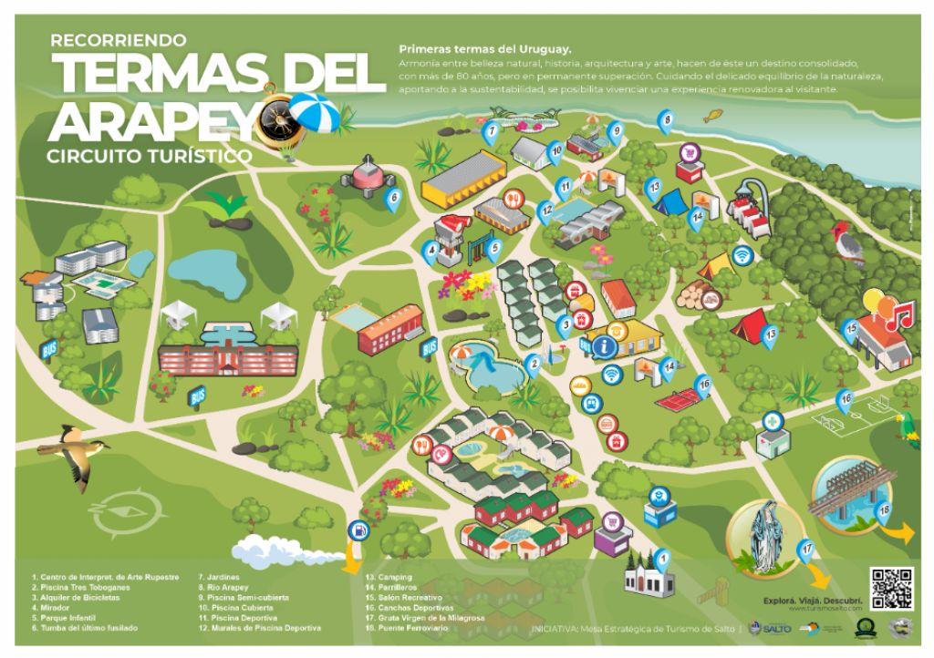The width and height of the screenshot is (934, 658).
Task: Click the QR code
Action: (x=890, y=588)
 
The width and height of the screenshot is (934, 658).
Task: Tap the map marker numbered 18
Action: (x=883, y=510)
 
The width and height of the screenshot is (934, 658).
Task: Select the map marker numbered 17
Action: (x=806, y=550)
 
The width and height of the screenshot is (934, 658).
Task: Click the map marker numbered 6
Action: (x=394, y=197)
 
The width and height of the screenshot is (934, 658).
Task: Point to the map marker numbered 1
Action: (x=663, y=559)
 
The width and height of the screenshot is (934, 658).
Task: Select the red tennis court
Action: (x=679, y=399)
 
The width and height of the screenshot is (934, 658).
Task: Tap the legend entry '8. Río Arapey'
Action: (x=223, y=588)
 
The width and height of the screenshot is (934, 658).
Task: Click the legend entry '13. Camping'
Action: (x=389, y=577)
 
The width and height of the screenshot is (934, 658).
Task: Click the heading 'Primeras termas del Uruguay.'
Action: (x=485, y=48)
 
